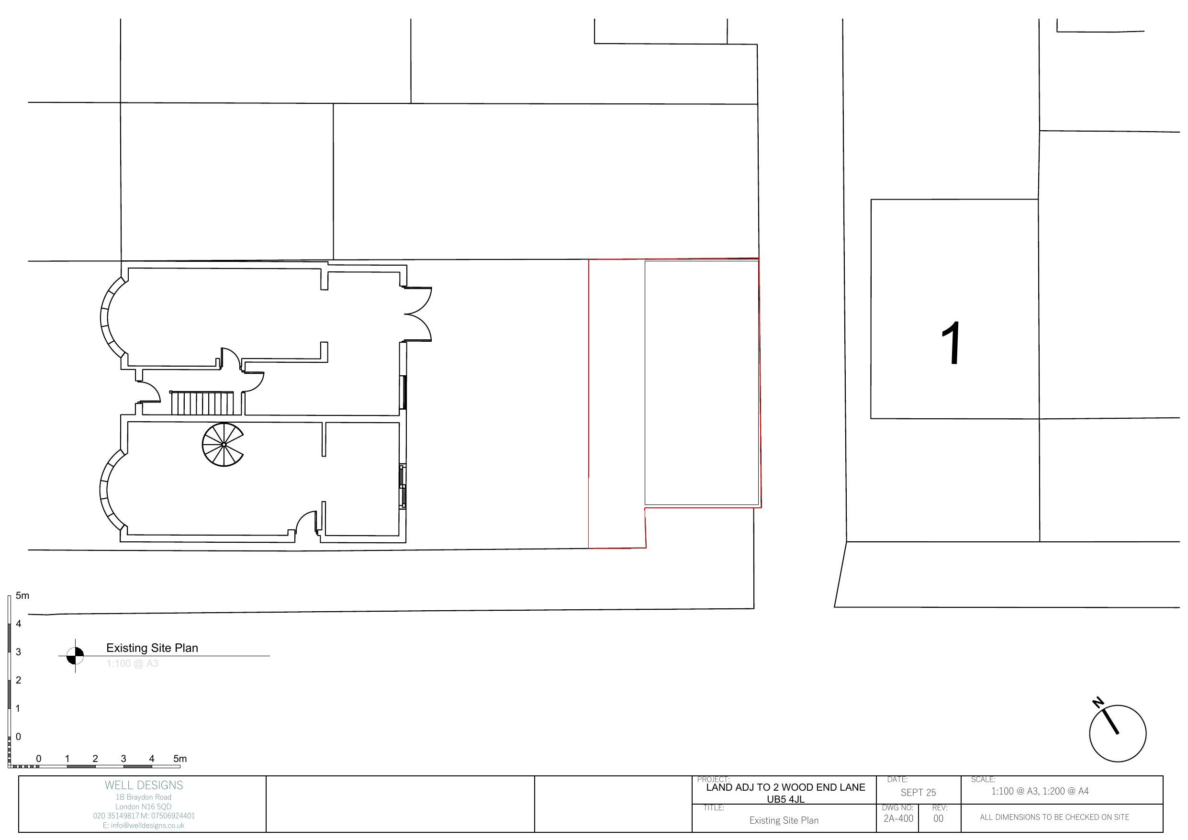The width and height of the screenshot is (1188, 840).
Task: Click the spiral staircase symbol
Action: (x=223, y=445)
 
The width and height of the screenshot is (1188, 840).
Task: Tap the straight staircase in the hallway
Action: (x=206, y=403)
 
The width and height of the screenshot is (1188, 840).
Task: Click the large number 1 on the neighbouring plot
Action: (x=951, y=343)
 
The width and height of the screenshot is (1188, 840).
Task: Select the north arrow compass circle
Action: (x=1117, y=733)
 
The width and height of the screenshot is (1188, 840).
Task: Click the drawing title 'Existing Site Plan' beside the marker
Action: (x=152, y=648)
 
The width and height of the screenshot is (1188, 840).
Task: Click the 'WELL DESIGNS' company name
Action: (x=144, y=785)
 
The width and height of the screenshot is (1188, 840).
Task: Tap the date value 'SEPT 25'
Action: (x=918, y=793)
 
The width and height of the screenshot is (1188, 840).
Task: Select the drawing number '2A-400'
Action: (x=898, y=818)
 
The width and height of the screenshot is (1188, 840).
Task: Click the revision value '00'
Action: (x=938, y=818)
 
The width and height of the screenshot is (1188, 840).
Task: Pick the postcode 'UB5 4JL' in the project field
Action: (x=785, y=799)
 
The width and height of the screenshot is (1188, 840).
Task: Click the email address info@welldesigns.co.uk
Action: (x=144, y=826)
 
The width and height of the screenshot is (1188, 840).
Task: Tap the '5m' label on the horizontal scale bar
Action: (x=180, y=759)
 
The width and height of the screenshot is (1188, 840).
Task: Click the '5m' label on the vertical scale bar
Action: (x=22, y=596)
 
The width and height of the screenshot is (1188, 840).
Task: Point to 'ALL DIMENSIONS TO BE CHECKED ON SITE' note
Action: (x=1054, y=817)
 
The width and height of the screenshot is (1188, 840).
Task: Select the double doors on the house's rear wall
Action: (x=418, y=314)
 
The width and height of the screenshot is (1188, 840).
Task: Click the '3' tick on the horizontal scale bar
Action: (x=123, y=759)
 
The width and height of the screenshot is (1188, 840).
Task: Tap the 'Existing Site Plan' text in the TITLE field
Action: (x=784, y=820)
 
